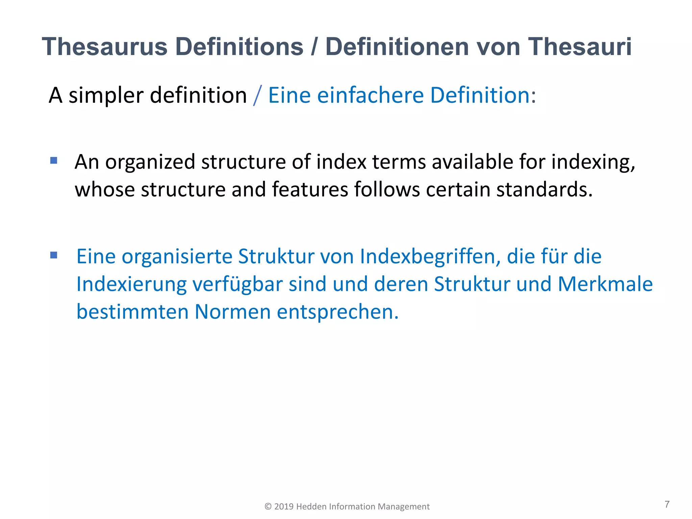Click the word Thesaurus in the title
pos(105,47)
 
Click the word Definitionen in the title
pos(397,47)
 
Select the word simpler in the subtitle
pos(106,96)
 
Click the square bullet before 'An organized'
pos(54,160)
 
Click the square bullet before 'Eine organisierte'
pos(54,255)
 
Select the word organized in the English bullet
pos(150,162)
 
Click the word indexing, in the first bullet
pos(593,162)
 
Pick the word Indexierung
pos(131,284)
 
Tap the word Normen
pos(232,312)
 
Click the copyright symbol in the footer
pos(268,506)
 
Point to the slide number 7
pos(667,504)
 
